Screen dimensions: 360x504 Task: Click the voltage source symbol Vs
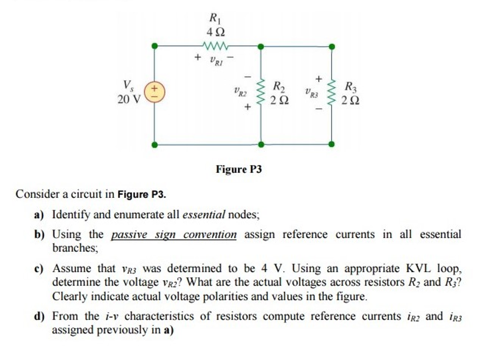155,92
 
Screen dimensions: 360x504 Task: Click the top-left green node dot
155,46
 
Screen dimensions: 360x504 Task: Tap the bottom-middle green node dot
261,145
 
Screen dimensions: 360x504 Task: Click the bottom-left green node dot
155,145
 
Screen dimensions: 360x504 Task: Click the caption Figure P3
239,170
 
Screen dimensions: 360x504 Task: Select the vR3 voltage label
312,92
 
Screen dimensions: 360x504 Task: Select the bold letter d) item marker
39,316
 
